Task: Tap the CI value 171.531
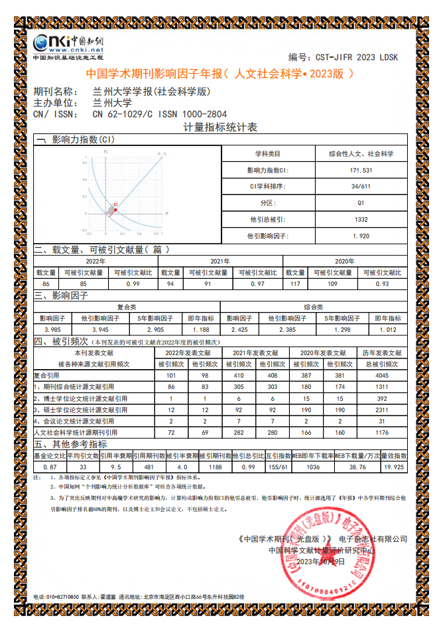coord(361,170)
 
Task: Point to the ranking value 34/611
coord(361,187)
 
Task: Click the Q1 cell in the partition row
coord(361,202)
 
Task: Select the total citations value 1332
coord(361,219)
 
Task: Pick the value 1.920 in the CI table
coord(361,236)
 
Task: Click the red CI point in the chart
coord(115,209)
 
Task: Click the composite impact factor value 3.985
coord(52,329)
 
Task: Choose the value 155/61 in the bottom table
coord(281,467)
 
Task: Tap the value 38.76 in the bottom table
coord(357,467)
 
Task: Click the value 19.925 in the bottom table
coord(393,467)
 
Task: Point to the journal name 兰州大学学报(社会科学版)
coord(151,92)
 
